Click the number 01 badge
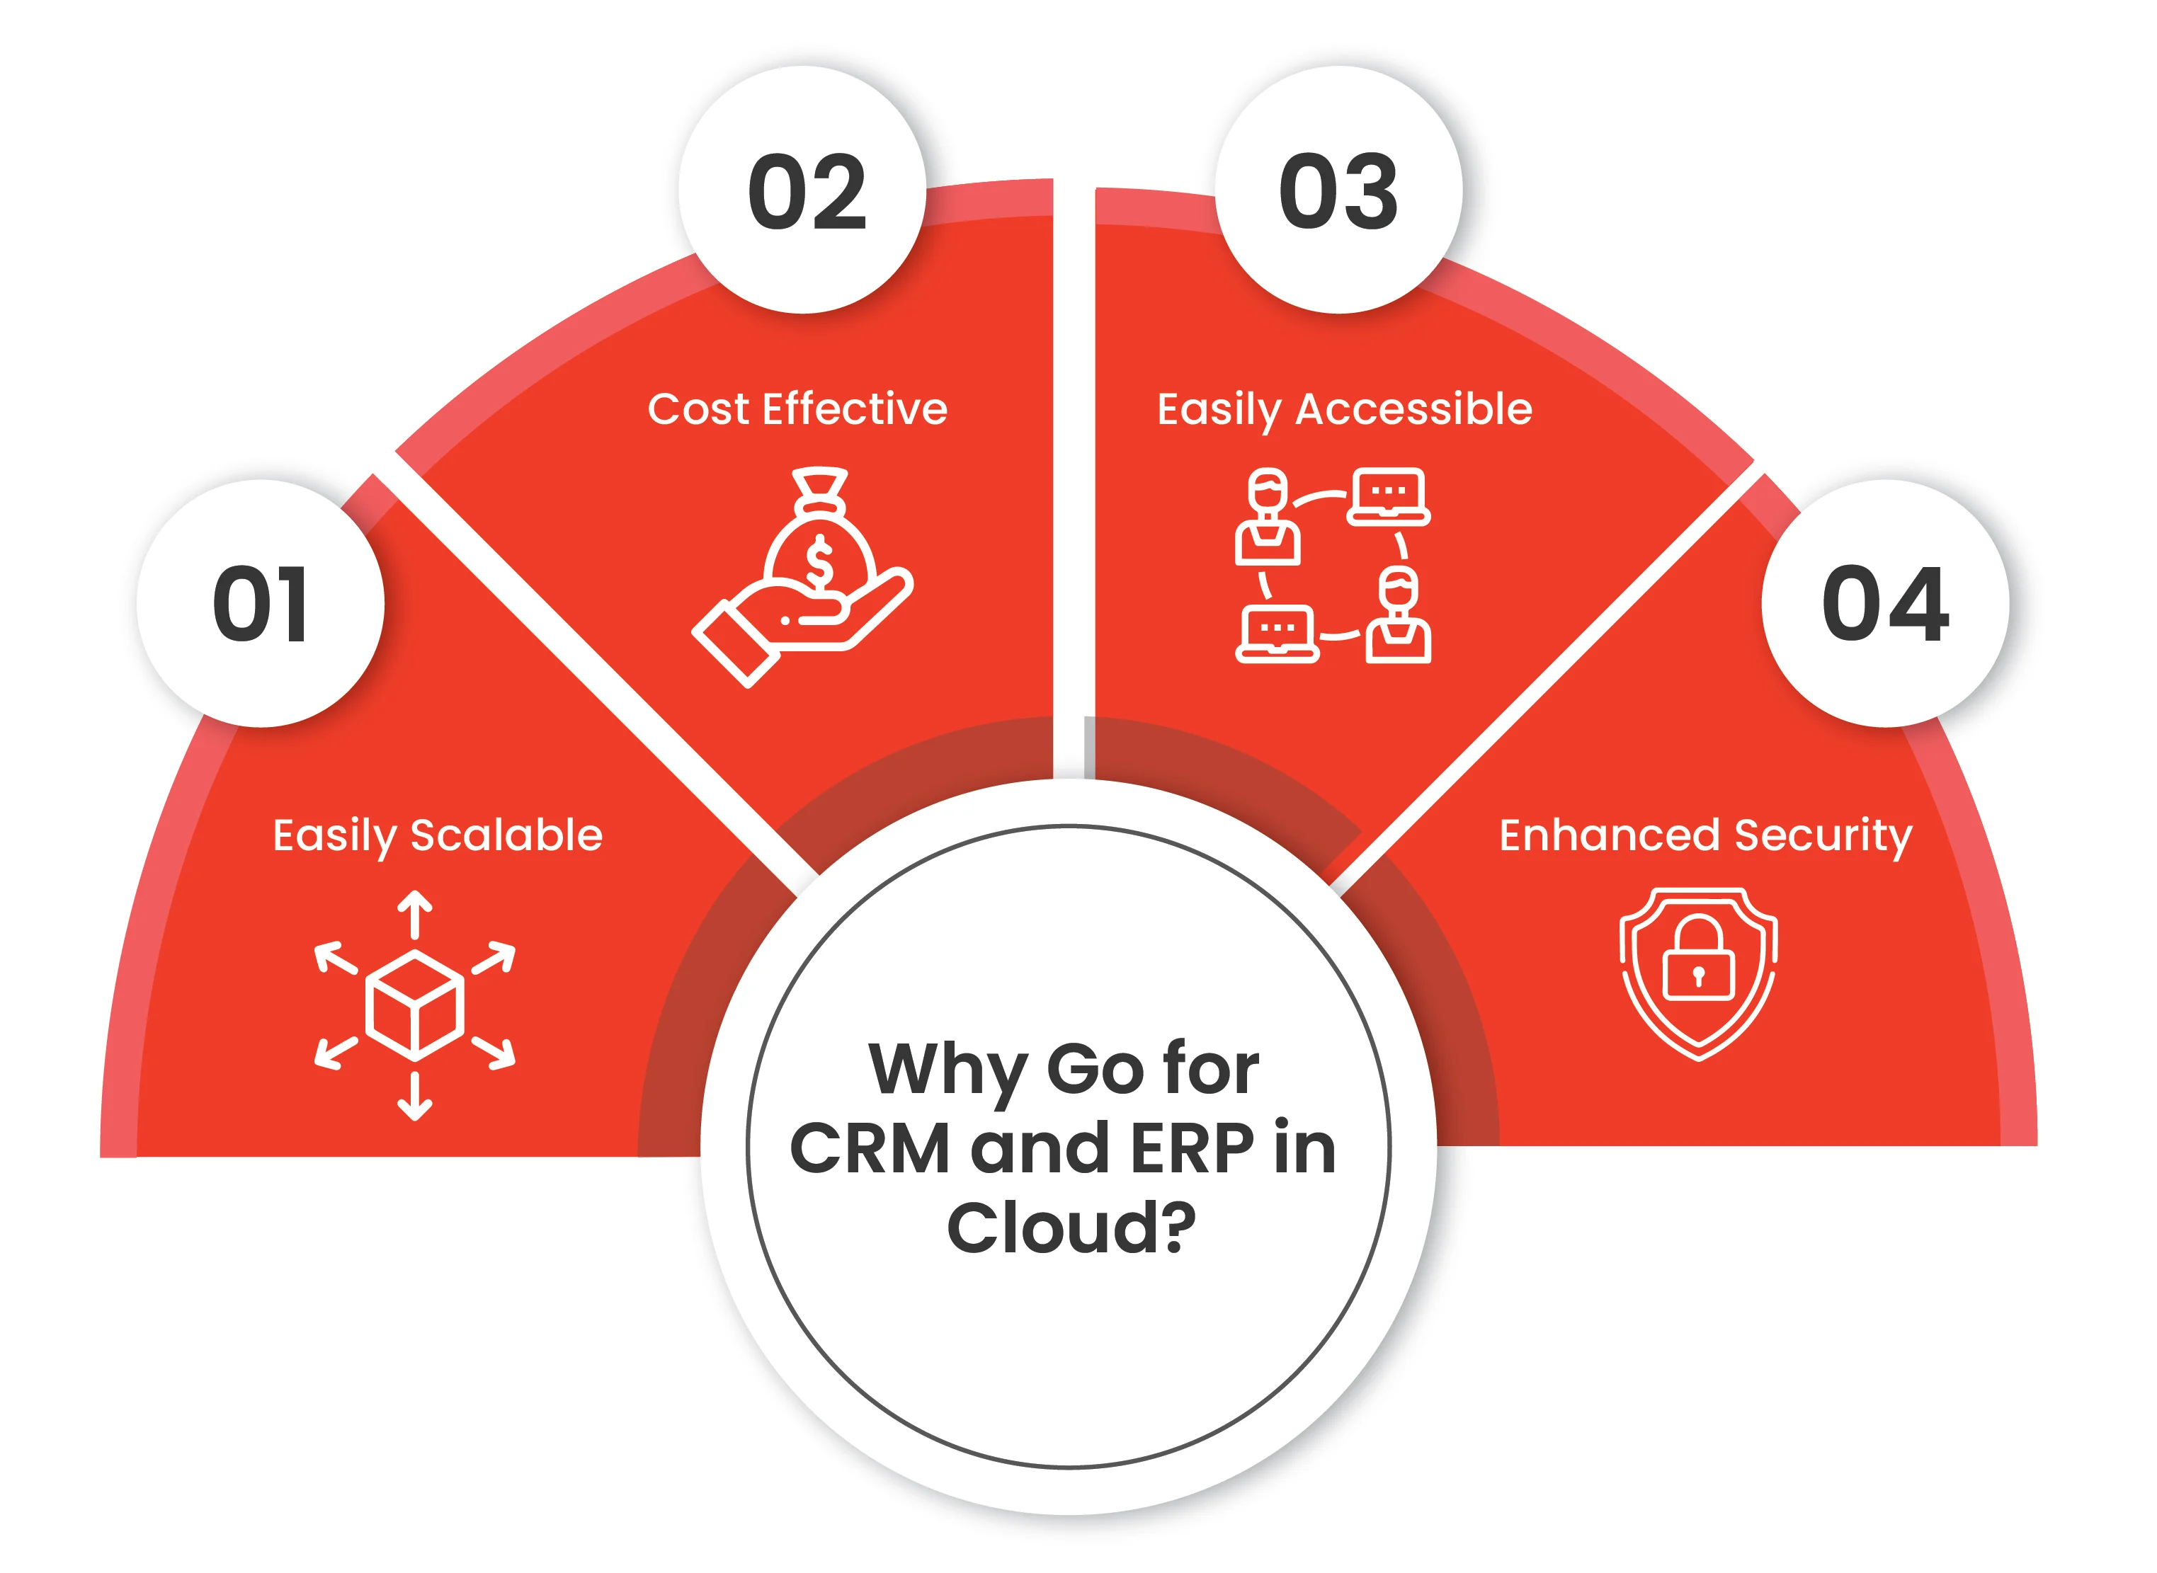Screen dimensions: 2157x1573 261,604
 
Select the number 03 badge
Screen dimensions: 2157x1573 1339,190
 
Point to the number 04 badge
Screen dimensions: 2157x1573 1886,604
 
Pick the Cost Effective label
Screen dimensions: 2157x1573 798,409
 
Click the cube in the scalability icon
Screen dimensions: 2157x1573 415,1005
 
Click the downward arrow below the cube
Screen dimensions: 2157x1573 415,1096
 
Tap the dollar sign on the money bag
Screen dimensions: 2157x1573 819,563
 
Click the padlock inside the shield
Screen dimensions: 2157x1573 1699,959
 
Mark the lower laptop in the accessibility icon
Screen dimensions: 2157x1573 1277,633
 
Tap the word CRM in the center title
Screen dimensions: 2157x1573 870,1149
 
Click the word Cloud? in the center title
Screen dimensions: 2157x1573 1071,1228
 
